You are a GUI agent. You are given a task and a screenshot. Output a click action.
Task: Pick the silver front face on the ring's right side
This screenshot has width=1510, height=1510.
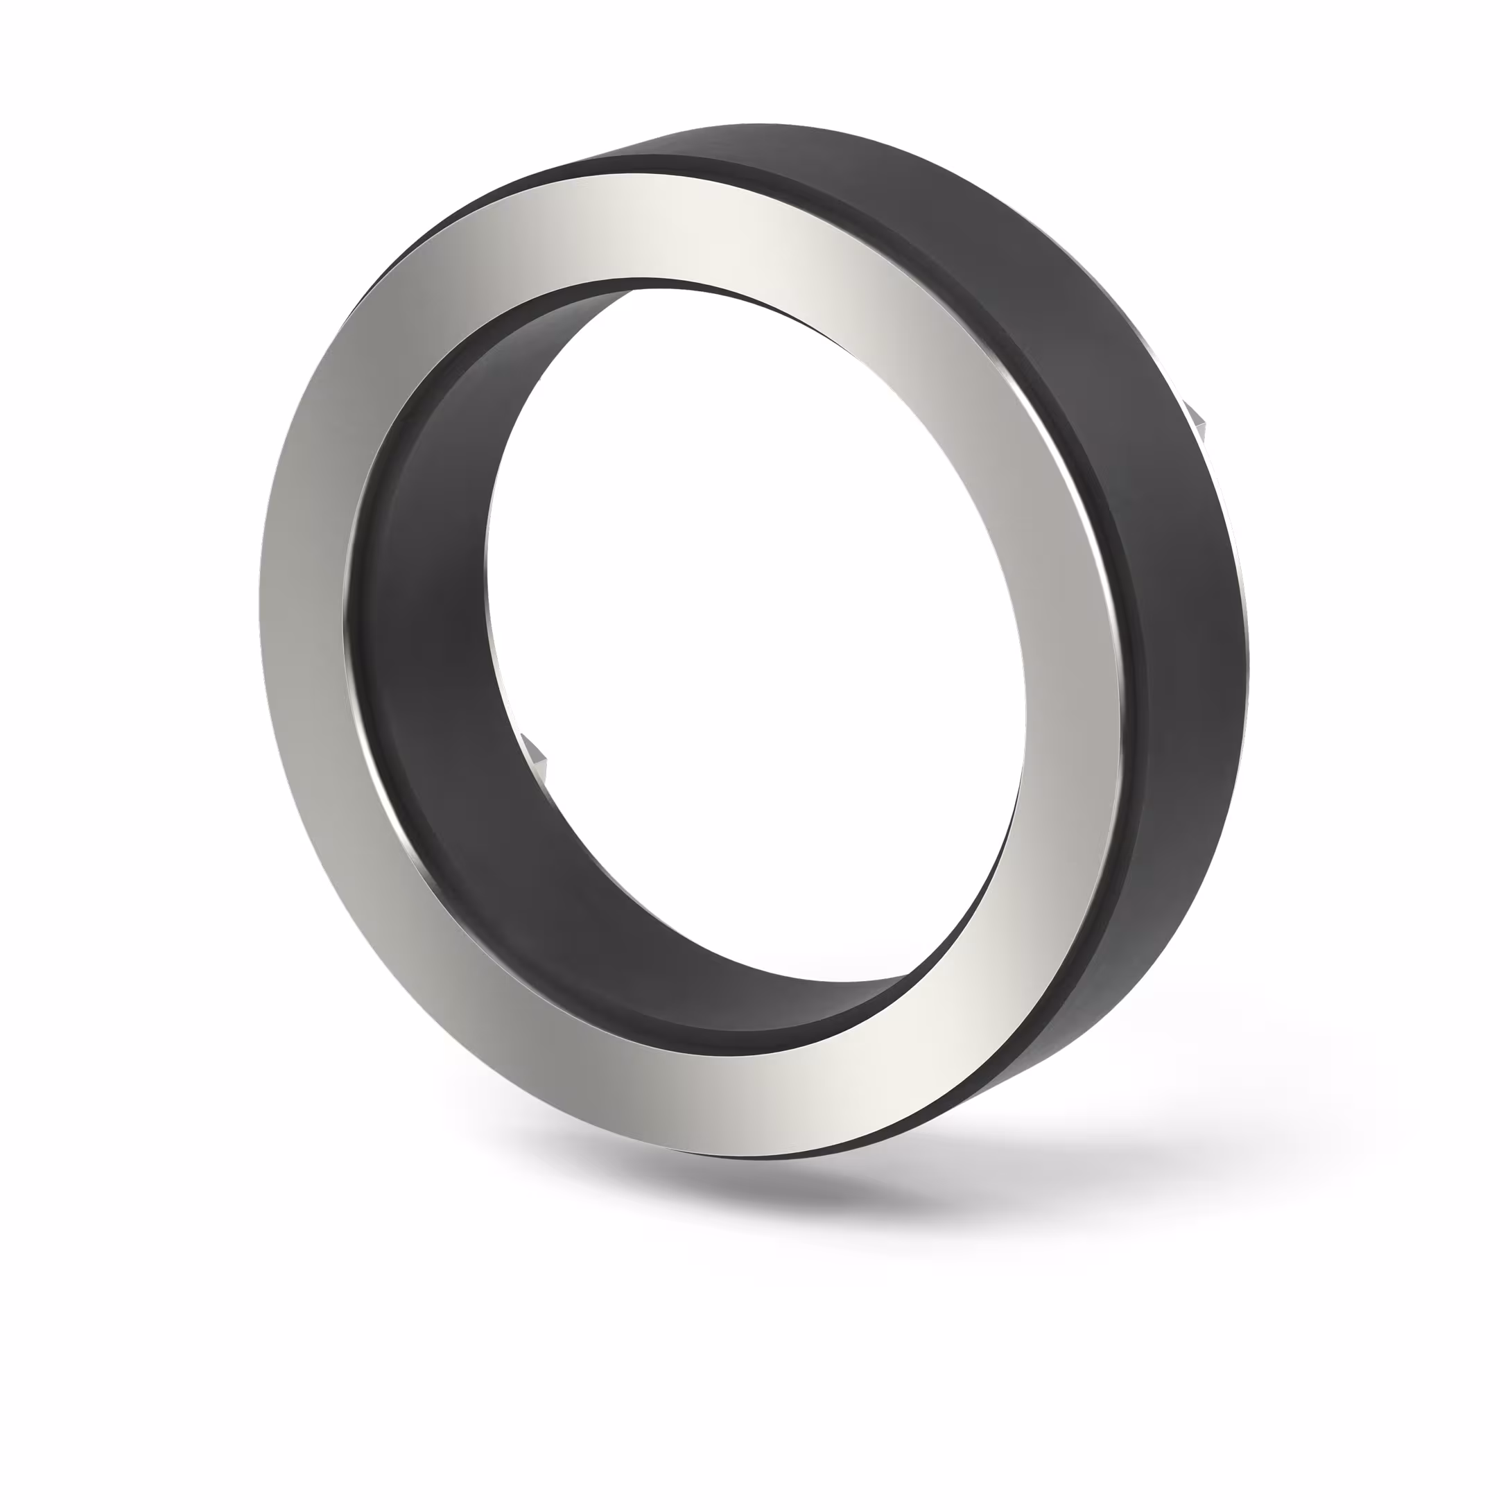[x=1070, y=664]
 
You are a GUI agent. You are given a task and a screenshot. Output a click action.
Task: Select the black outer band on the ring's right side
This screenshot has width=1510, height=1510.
[x=1188, y=625]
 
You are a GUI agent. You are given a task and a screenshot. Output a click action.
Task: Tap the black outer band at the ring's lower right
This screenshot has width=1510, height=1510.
[x=1079, y=1016]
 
